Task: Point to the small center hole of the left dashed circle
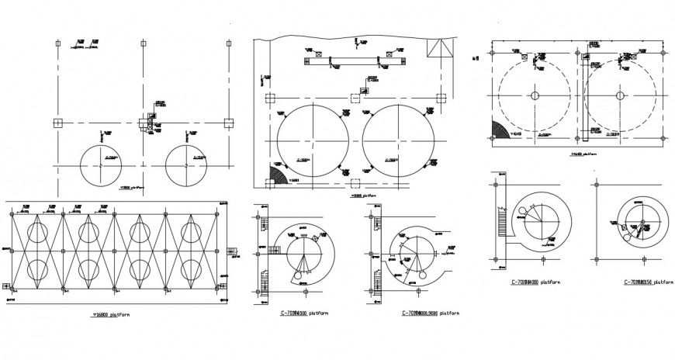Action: point(535,95)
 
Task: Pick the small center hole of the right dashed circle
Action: point(618,95)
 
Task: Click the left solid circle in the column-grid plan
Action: point(101,164)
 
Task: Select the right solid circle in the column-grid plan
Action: point(186,164)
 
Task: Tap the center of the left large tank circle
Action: point(312,140)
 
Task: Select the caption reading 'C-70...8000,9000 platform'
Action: point(430,313)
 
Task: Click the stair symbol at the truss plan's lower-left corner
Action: point(7,287)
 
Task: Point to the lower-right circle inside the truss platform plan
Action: point(190,269)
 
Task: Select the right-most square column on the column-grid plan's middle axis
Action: point(227,123)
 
